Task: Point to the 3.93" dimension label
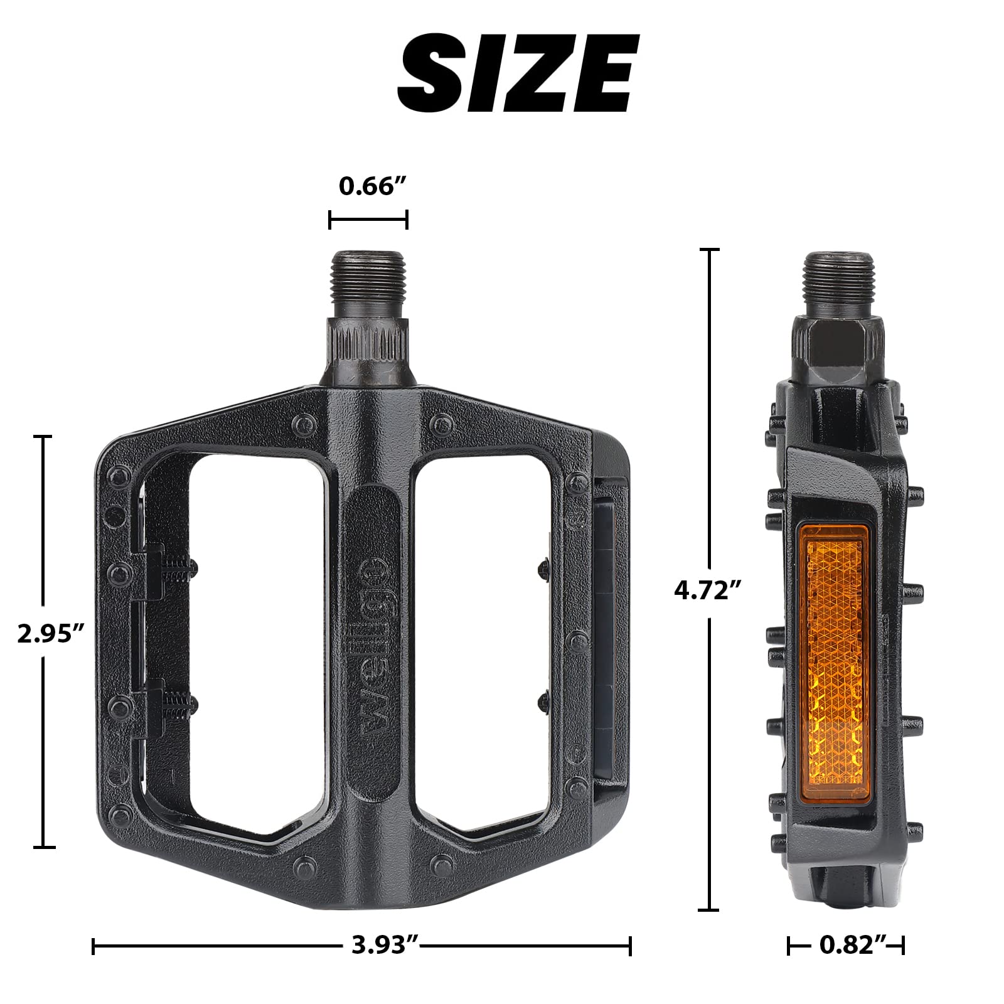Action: point(385,944)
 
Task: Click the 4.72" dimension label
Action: point(708,590)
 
